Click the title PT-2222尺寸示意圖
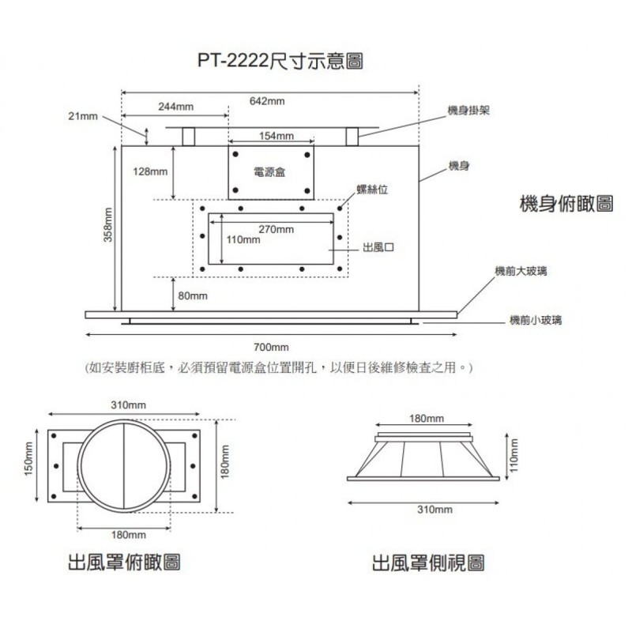pos(280,61)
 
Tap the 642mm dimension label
pos(267,102)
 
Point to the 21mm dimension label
pos(82,116)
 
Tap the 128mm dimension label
pos(150,172)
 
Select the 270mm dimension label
pos(276,230)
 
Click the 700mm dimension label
pos(272,348)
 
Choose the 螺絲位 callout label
pos(372,190)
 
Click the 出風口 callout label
pos(378,247)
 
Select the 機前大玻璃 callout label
pos(521,271)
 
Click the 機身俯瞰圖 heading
pos(566,203)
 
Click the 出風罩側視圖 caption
pos(428,563)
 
